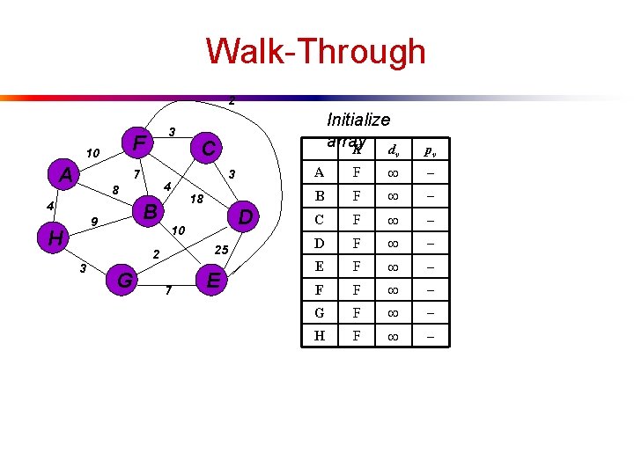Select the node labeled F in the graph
[x=138, y=142]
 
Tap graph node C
[x=209, y=149]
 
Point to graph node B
[x=151, y=212]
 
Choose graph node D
[x=247, y=216]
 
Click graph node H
[x=55, y=238]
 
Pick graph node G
[x=125, y=281]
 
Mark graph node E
[x=212, y=281]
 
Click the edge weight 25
[x=222, y=251]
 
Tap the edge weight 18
[x=197, y=200]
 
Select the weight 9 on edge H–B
[x=94, y=221]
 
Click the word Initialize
[x=358, y=120]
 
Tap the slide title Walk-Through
[x=316, y=51]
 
